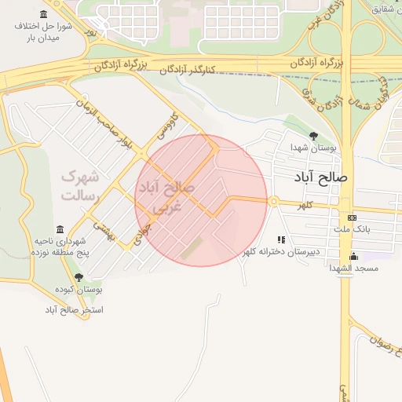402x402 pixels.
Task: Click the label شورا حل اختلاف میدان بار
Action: [x=47, y=31]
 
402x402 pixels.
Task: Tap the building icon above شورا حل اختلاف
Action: [x=42, y=14]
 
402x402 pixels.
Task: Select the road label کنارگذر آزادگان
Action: [x=217, y=74]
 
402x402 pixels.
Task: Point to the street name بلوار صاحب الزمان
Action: [x=100, y=121]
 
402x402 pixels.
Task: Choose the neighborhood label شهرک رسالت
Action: [x=79, y=185]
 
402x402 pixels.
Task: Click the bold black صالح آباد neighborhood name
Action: [x=322, y=177]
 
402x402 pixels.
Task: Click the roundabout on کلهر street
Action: [x=273, y=202]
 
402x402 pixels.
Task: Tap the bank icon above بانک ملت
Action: [x=351, y=217]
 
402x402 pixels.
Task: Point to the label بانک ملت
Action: [x=351, y=229]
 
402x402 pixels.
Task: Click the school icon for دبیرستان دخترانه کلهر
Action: [x=280, y=239]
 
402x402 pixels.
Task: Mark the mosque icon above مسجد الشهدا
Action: [x=353, y=256]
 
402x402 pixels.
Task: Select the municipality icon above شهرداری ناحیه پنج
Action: [x=60, y=230]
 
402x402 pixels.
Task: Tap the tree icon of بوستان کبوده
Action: [x=78, y=277]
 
